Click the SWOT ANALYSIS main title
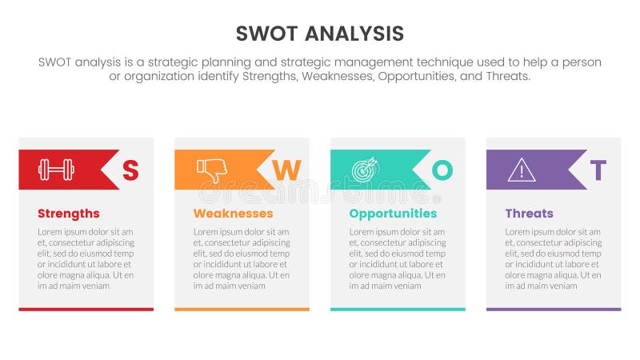320,33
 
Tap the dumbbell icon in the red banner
56,170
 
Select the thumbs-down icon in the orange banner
212,169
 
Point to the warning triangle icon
522,170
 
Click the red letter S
130,170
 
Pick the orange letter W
286,170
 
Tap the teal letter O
442,170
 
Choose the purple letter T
598,170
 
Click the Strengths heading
69,214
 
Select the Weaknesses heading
233,214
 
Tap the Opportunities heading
393,214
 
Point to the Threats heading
529,214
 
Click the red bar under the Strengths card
86,309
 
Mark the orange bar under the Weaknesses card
242,309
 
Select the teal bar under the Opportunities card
398,309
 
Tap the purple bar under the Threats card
554,309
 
